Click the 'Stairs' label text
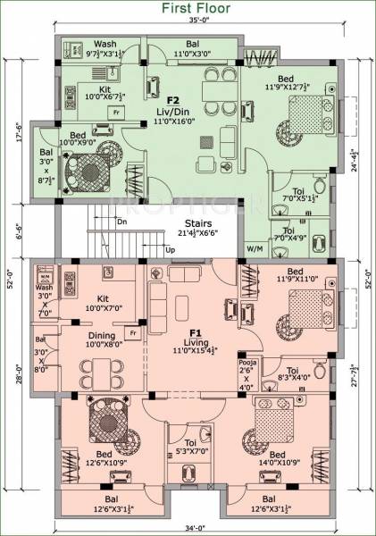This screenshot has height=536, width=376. coord(197,223)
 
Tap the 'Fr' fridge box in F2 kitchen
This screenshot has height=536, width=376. coord(115,112)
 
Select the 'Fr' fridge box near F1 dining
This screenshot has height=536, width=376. coord(134,332)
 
